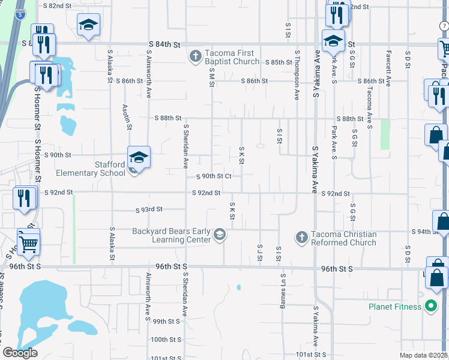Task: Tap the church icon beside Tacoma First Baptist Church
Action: (x=194, y=57)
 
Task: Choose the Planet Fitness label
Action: (x=394, y=307)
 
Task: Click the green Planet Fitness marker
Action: (x=430, y=307)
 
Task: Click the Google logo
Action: (x=20, y=353)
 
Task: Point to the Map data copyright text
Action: (x=424, y=355)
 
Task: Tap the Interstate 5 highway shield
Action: (x=21, y=13)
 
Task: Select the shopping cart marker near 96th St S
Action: (x=28, y=242)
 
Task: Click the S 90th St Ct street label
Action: (x=215, y=176)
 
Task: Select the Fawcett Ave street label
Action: (x=388, y=73)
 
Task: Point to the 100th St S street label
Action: (x=165, y=339)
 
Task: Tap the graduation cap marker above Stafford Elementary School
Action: (x=139, y=157)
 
